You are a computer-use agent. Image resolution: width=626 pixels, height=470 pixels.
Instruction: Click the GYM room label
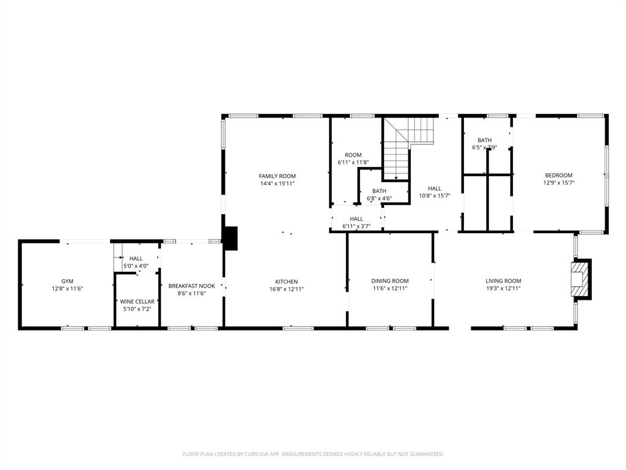click(x=67, y=281)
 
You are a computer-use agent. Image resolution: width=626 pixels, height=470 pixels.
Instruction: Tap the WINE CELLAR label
click(x=137, y=302)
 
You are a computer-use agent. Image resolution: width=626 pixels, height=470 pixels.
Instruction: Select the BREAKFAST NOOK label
click(x=191, y=286)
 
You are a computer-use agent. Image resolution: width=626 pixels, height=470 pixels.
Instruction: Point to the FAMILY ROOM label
click(x=277, y=176)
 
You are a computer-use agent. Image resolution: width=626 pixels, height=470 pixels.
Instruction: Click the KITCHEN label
click(x=287, y=282)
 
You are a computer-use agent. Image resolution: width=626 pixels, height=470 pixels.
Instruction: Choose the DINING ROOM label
click(x=389, y=281)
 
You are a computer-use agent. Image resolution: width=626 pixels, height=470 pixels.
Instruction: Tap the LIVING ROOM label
click(x=503, y=281)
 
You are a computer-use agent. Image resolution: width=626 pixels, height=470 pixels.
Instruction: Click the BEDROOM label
click(x=558, y=175)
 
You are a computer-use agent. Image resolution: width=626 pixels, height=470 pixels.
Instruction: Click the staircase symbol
click(x=407, y=147)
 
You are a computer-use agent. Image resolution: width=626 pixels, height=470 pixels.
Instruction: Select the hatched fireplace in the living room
click(x=580, y=279)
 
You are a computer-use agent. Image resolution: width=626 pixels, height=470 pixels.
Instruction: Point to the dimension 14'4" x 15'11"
click(x=277, y=183)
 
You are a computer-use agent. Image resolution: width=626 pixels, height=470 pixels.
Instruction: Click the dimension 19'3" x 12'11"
click(x=503, y=288)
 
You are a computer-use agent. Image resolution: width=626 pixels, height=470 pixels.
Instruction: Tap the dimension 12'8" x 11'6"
click(x=67, y=288)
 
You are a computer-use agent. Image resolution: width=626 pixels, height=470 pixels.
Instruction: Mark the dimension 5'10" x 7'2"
click(x=137, y=309)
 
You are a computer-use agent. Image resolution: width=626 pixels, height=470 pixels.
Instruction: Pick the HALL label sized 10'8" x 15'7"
click(x=434, y=188)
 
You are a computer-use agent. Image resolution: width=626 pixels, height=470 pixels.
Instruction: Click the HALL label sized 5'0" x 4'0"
click(x=136, y=259)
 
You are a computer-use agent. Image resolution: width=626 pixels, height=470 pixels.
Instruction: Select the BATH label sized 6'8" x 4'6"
click(x=379, y=191)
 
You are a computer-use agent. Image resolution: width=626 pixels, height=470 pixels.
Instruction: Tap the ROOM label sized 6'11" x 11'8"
click(x=353, y=155)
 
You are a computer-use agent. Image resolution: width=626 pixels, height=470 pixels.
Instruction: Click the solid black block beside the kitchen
click(x=230, y=238)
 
